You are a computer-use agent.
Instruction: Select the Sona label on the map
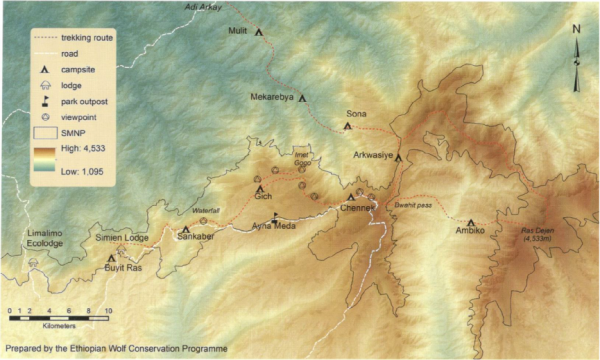(356, 113)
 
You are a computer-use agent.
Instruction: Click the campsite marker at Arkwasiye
(398, 157)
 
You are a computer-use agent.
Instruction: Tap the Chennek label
(357, 208)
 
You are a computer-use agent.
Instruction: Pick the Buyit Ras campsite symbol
(111, 258)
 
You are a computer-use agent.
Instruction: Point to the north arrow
(576, 60)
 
